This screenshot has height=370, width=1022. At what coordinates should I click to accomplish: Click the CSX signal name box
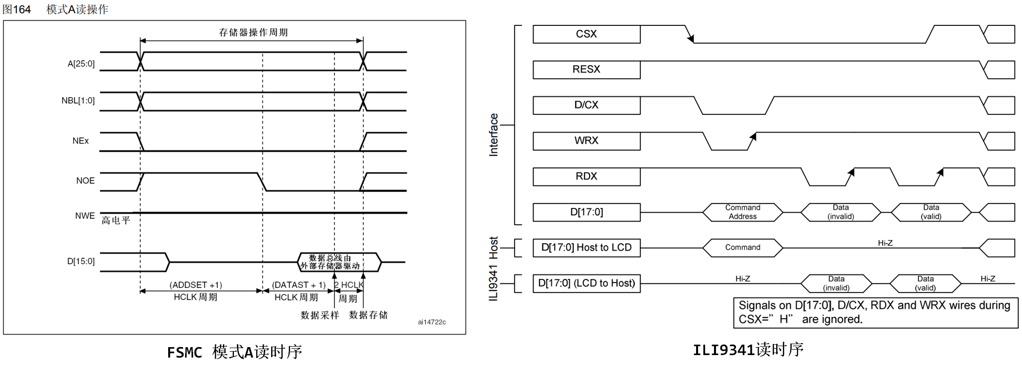click(586, 34)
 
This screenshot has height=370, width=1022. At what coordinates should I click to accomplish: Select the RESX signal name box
click(586, 70)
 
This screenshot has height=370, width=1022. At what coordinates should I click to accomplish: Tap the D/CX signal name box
click(586, 105)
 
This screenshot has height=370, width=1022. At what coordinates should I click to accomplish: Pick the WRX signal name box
click(586, 141)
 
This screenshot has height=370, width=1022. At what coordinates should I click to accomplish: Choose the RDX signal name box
click(586, 177)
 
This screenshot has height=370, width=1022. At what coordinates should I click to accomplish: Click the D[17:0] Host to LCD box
click(586, 248)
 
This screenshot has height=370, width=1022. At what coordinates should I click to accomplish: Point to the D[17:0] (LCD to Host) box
click(586, 283)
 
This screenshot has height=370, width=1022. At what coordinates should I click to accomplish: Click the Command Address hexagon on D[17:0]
click(742, 212)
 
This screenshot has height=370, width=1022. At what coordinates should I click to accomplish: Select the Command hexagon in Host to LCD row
click(742, 248)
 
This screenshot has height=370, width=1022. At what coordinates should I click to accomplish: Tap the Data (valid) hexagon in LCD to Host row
click(925, 283)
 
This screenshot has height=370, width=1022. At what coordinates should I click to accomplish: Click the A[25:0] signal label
click(81, 64)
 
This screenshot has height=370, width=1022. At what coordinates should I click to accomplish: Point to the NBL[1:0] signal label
click(78, 100)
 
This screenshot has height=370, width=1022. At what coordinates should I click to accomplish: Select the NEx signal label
click(81, 141)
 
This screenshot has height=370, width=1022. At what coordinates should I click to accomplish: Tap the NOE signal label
click(85, 181)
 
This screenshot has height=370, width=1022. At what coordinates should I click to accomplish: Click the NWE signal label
click(85, 216)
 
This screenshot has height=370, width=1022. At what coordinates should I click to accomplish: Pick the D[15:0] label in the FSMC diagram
click(81, 261)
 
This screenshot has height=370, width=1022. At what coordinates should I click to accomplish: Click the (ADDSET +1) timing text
click(196, 285)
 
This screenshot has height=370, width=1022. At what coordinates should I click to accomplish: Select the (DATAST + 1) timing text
click(299, 285)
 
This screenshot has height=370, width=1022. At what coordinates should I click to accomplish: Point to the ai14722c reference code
click(432, 322)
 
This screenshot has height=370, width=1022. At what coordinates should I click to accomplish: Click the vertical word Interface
click(494, 135)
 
